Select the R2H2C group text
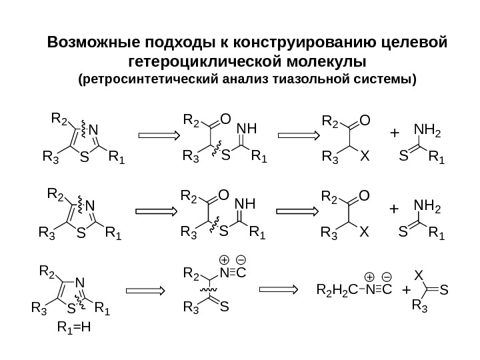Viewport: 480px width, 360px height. (331, 291)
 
